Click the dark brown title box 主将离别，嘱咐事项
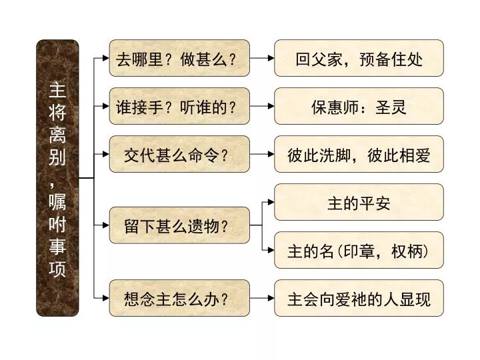[x=57, y=178]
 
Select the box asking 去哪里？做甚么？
[x=179, y=58]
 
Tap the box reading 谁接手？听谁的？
[x=179, y=106]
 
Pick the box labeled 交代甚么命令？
[x=179, y=154]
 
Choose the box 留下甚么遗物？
[x=179, y=225]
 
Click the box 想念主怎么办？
[x=179, y=298]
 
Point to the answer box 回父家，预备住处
[x=359, y=58]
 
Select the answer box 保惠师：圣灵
[x=359, y=106]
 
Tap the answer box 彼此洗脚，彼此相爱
[x=359, y=154]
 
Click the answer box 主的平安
[x=359, y=202]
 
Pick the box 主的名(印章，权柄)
[x=359, y=250]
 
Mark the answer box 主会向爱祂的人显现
[x=359, y=298]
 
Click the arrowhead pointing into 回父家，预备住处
[x=271, y=58]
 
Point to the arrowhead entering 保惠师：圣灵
[x=271, y=106]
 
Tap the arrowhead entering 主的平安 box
[x=271, y=202]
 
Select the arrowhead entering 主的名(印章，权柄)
[x=271, y=250]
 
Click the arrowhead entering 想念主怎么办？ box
[x=106, y=298]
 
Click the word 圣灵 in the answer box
[x=391, y=107]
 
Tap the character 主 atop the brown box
[x=57, y=90]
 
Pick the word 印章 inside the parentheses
[x=359, y=251]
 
